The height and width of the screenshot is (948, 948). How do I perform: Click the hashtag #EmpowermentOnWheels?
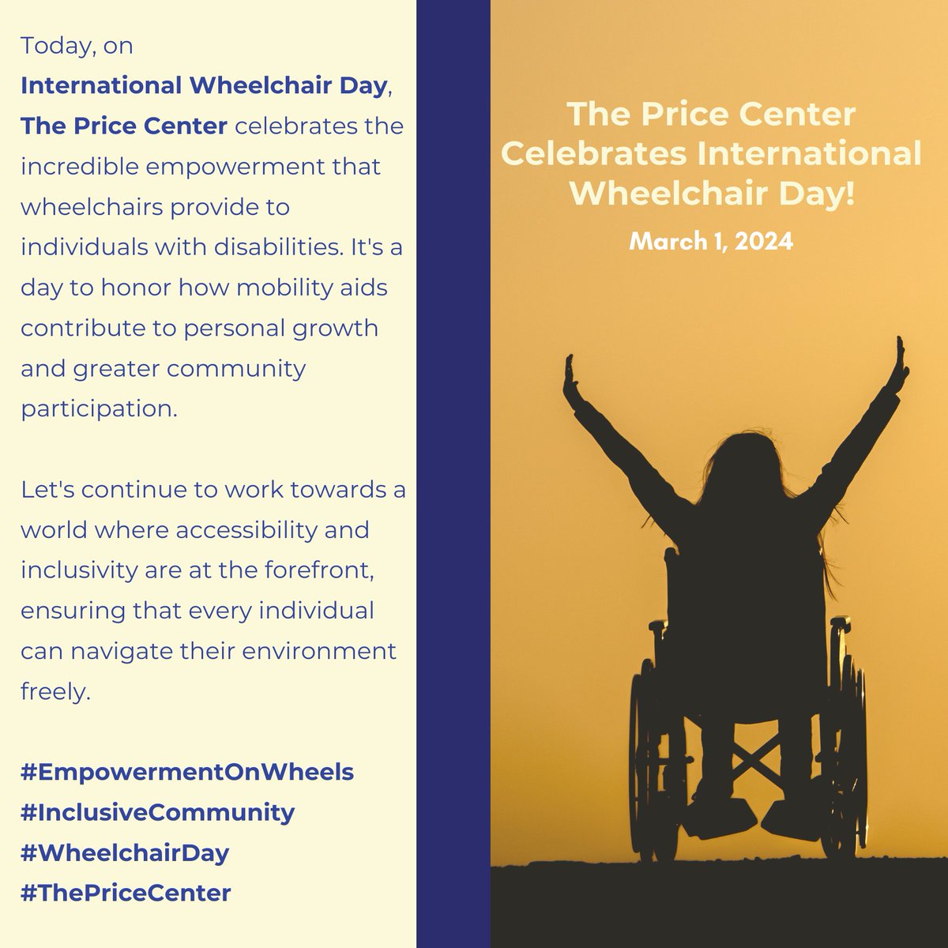(187, 772)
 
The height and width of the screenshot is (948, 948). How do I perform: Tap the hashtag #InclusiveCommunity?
(158, 812)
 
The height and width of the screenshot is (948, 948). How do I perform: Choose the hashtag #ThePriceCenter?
(126, 893)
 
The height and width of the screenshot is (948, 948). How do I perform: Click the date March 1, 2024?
(711, 242)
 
